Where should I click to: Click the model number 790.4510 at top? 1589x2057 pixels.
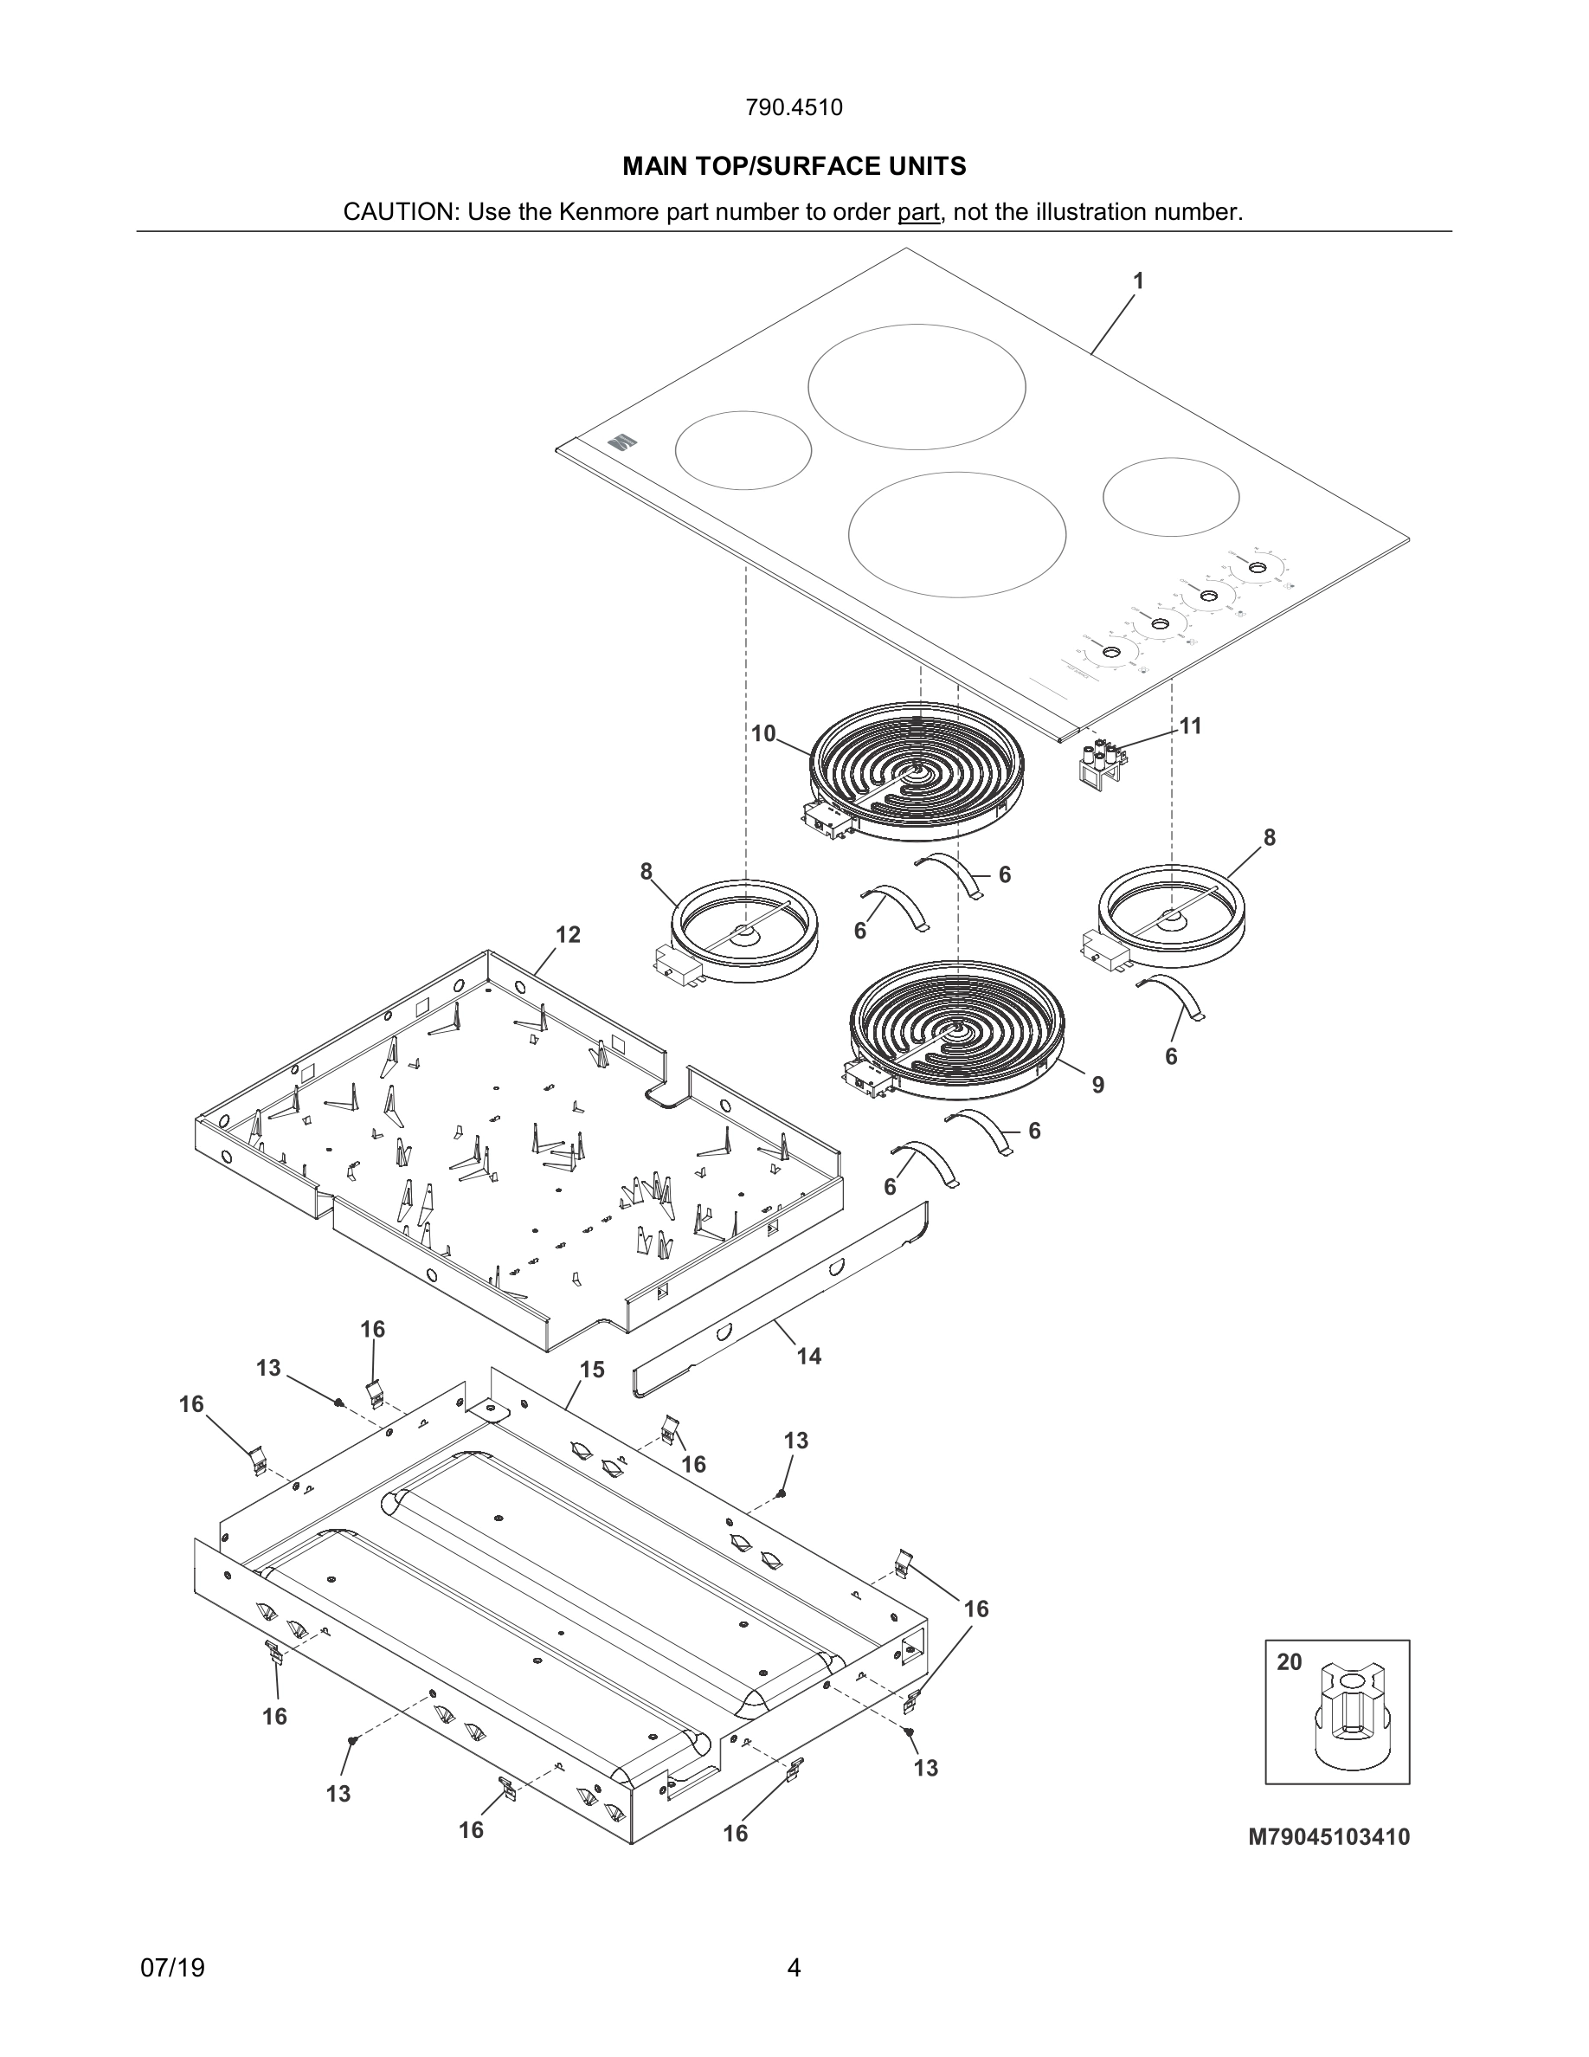(x=794, y=107)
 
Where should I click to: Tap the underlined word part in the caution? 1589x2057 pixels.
(x=917, y=212)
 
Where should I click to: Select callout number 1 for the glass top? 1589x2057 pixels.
(x=1138, y=280)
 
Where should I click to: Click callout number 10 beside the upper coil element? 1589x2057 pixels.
(x=763, y=732)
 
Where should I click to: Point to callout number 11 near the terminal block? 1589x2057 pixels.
(x=1191, y=725)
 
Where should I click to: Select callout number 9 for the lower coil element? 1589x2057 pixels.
(x=1097, y=1085)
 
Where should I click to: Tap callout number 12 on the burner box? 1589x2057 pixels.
(x=568, y=934)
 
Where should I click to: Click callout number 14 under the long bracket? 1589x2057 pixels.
(x=808, y=1357)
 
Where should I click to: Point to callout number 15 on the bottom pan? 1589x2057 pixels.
(x=592, y=1370)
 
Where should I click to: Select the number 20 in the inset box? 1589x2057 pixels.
(x=1289, y=1662)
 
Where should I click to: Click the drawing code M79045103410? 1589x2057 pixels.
(x=1328, y=1836)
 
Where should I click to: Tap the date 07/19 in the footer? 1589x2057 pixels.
(x=172, y=1969)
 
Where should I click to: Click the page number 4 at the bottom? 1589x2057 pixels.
(x=794, y=1968)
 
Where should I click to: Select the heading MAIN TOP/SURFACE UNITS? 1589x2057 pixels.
(x=794, y=167)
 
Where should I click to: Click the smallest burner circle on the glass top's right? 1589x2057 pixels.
(x=1170, y=497)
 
